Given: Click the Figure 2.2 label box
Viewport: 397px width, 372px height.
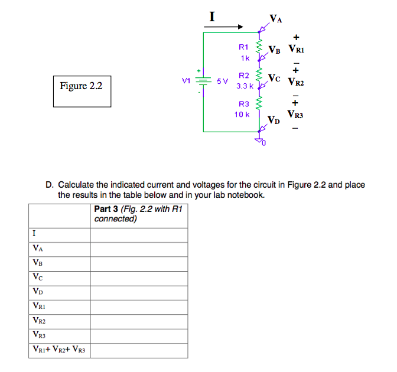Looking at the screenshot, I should pyautogui.click(x=82, y=90).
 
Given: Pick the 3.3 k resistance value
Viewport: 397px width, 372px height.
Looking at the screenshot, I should pyautogui.click(x=245, y=86).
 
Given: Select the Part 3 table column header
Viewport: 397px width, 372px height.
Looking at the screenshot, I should pyautogui.click(x=139, y=214).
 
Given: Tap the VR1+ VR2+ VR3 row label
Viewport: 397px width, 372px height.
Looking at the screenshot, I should pyautogui.click(x=59, y=350).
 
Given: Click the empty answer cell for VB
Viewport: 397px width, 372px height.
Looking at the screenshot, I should pyautogui.click(x=139, y=263).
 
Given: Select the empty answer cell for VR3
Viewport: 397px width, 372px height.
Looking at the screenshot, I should pyautogui.click(x=139, y=335).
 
